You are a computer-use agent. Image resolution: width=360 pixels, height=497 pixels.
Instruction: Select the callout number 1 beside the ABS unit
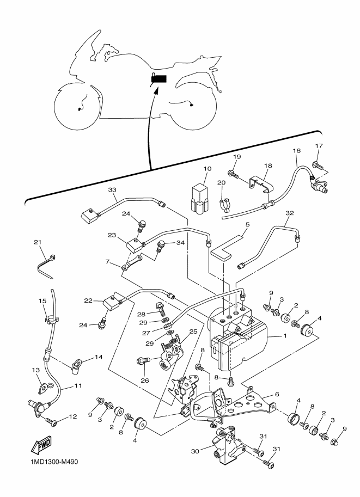click(x=284, y=335)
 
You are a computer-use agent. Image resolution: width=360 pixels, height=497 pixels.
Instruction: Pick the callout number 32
click(x=289, y=213)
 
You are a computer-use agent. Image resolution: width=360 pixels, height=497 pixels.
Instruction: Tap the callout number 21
click(x=38, y=242)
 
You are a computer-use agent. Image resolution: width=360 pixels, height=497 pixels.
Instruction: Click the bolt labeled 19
click(x=233, y=174)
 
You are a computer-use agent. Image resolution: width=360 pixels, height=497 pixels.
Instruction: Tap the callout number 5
click(x=247, y=224)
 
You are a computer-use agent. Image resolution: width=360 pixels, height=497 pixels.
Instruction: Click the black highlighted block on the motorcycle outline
click(x=158, y=79)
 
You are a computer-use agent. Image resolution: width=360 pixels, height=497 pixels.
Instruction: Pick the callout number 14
click(x=99, y=358)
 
